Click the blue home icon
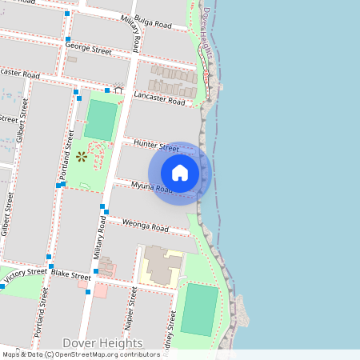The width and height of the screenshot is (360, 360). pos(180,173)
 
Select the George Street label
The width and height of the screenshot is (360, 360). pos(90,50)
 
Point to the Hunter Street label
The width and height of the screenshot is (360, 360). pos(157,146)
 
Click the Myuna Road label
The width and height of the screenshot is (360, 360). pos(152,189)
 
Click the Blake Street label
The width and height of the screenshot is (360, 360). pos(71,274)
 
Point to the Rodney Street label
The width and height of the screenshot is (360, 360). pos(170,332)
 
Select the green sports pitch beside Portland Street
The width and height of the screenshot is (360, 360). pos(101,120)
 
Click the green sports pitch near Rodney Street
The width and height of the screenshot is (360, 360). pos(199,310)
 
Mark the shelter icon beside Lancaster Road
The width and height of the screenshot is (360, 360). pos(119,90)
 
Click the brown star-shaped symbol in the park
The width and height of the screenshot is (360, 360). pos(81,157)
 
